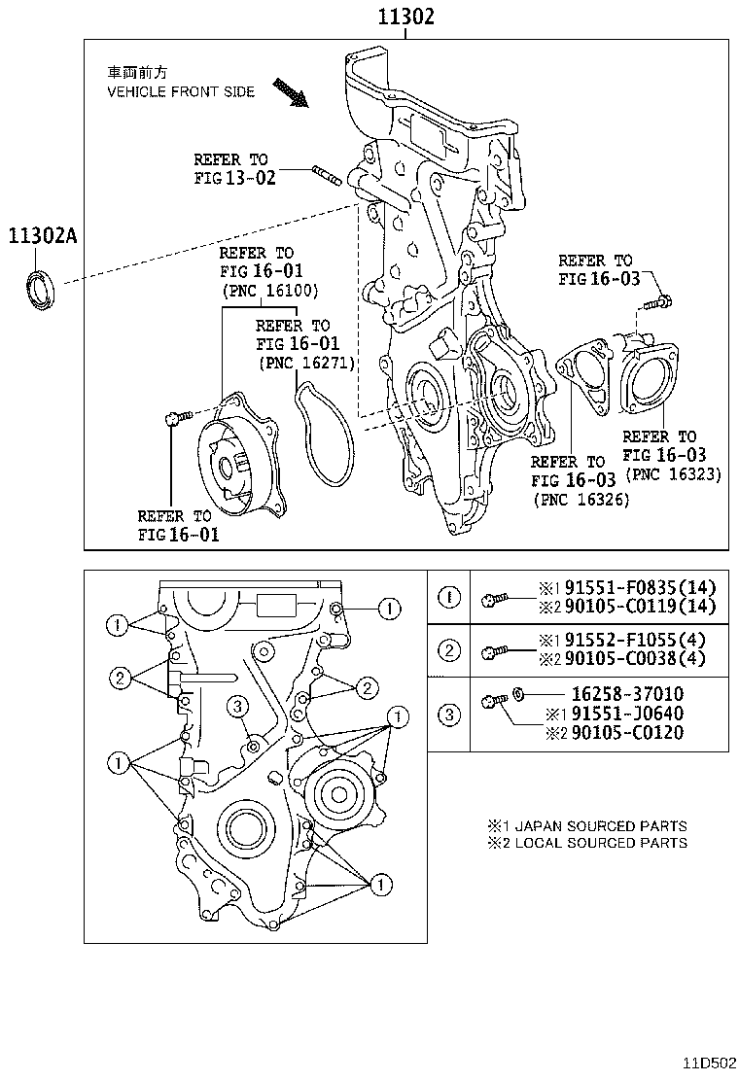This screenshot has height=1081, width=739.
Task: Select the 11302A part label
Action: click(x=42, y=235)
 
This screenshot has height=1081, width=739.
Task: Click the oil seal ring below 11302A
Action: click(x=40, y=293)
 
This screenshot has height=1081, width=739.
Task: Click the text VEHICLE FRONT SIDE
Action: click(x=180, y=91)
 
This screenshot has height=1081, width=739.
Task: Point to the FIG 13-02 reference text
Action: click(x=234, y=177)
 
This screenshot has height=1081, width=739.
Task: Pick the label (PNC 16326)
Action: click(x=581, y=499)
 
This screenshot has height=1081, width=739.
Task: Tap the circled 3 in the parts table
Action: click(x=448, y=715)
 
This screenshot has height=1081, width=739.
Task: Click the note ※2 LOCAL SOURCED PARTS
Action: click(x=587, y=843)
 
